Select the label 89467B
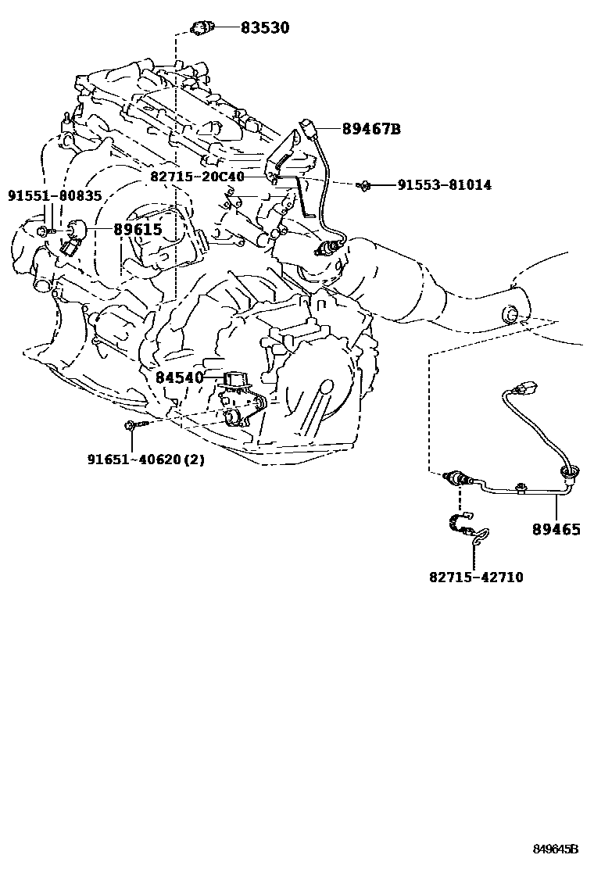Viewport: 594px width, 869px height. click(x=370, y=129)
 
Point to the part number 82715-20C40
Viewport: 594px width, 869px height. click(x=197, y=177)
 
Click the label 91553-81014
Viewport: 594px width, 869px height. click(x=444, y=185)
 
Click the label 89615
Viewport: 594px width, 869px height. click(x=137, y=229)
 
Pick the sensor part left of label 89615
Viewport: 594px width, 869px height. click(x=74, y=232)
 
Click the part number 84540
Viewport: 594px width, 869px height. click(x=179, y=377)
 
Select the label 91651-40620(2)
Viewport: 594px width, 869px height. click(x=145, y=460)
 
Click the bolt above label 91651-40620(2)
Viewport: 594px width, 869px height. click(x=131, y=424)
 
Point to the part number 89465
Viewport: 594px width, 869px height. click(x=556, y=529)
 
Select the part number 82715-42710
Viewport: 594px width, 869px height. click(x=475, y=578)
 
